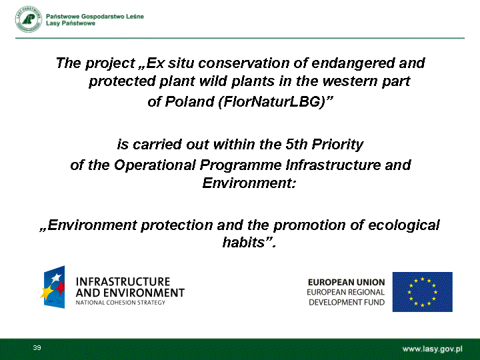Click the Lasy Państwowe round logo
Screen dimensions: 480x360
29,19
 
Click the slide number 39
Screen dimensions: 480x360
37,348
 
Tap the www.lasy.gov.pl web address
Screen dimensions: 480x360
432,349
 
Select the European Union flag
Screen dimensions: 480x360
423,292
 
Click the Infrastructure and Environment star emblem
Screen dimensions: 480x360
53,287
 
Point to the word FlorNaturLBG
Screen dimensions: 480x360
271,101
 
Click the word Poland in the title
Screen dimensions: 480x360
189,101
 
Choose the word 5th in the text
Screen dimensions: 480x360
296,144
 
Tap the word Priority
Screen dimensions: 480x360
337,145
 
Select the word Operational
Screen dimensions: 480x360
155,165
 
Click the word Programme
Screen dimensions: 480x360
241,165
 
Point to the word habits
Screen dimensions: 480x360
244,242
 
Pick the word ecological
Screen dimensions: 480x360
404,225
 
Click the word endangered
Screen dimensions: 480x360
353,63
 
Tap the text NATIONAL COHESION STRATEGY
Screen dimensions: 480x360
121,303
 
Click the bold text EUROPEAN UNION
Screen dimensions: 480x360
346,282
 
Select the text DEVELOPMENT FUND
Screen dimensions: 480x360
347,303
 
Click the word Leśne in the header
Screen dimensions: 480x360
135,17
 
